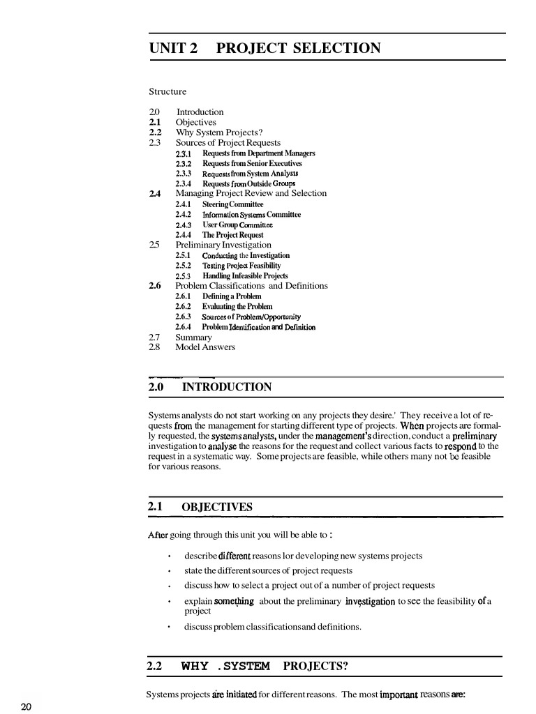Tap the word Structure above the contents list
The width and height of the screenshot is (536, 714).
click(x=167, y=91)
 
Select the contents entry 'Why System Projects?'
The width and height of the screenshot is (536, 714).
click(x=219, y=132)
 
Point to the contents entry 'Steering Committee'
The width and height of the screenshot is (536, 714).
click(x=232, y=204)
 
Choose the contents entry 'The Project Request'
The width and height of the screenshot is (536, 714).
click(x=232, y=235)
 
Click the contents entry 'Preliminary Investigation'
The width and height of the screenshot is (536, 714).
click(x=223, y=245)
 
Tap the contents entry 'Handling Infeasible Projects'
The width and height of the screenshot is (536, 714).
click(x=244, y=276)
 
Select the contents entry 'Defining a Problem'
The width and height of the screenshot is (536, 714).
click(x=232, y=296)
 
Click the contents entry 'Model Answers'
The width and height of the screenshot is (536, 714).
click(x=205, y=347)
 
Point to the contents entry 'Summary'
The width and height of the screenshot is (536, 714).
click(x=193, y=337)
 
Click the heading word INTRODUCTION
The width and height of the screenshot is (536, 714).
click(x=227, y=387)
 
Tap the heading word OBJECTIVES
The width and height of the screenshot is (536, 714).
click(x=217, y=507)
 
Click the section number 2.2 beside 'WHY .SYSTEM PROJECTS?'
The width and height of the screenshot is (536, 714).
click(x=154, y=666)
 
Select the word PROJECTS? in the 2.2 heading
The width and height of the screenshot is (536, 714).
click(x=315, y=666)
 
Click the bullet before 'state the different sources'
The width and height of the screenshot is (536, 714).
click(x=170, y=571)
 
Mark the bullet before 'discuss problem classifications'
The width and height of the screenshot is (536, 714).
click(x=170, y=627)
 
